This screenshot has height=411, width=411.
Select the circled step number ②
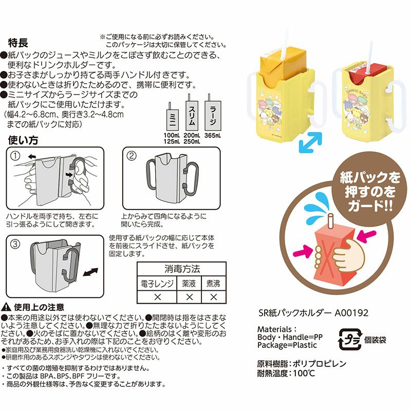132,155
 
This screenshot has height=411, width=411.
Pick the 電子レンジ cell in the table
158,283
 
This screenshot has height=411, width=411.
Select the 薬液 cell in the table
189,283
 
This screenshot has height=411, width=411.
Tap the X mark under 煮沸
210,297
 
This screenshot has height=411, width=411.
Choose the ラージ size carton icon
212,110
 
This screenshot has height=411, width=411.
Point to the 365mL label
212,136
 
